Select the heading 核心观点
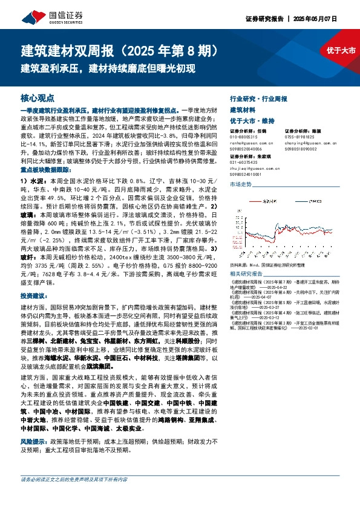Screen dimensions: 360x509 click(x=38, y=97)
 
